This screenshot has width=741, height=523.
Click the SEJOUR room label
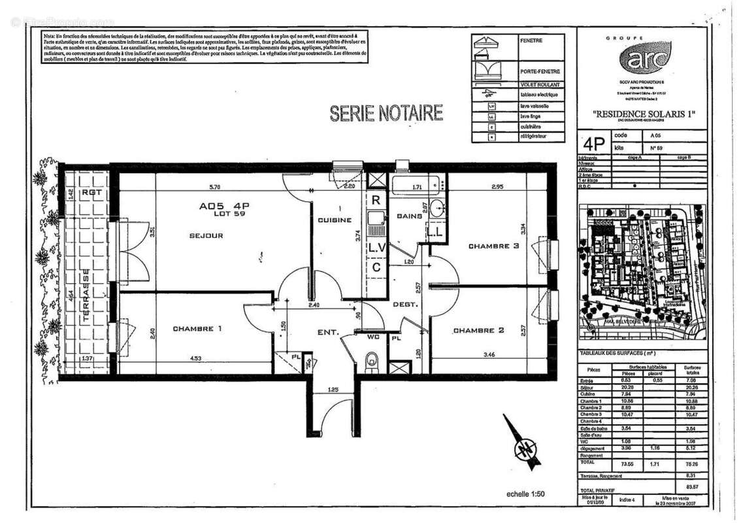tap(207, 235)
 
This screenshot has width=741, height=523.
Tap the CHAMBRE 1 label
tap(193, 329)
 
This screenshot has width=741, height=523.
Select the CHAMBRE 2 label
tap(479, 331)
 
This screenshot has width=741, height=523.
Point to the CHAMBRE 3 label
tap(493, 246)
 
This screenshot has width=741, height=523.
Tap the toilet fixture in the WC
tap(372, 359)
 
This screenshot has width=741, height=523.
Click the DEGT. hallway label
tap(405, 305)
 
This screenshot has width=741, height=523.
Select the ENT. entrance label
tap(328, 333)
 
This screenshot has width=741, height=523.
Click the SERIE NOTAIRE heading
tap(386, 113)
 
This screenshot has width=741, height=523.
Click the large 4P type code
tap(593, 143)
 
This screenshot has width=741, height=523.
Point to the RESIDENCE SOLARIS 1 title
tap(642, 112)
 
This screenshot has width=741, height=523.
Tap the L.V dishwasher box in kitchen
tap(376, 248)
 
